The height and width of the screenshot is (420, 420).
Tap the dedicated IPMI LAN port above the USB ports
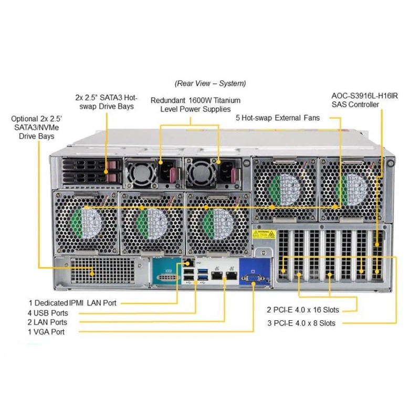point(190,263)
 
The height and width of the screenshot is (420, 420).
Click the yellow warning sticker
point(264,234)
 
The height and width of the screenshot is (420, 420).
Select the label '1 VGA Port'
point(46,332)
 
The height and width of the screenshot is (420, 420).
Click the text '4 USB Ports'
point(48,313)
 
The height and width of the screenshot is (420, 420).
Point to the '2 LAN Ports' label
point(47,322)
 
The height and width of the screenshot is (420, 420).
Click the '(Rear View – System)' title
point(211,83)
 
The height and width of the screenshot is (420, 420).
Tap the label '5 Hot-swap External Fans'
point(278,118)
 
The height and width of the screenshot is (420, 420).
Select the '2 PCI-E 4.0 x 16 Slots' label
point(303,310)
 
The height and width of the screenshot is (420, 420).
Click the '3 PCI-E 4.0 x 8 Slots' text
point(301,323)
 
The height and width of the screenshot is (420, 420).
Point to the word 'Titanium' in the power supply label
point(227,100)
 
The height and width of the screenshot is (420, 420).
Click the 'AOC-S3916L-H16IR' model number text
point(365,96)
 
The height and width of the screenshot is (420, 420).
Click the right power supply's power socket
point(227,173)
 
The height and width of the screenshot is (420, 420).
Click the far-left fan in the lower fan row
point(86,223)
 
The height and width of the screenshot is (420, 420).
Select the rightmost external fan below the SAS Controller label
point(351,190)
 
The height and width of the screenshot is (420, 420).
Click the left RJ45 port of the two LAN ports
point(217,275)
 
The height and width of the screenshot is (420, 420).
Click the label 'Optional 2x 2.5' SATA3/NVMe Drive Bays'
point(36,128)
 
